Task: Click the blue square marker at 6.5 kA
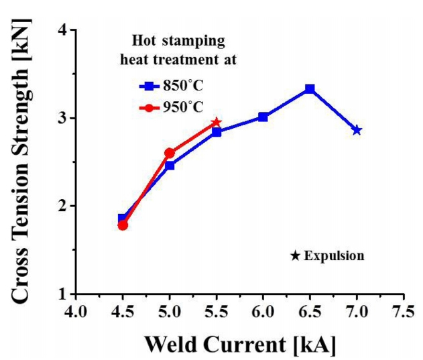pyautogui.click(x=310, y=89)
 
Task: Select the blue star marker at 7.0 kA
pyautogui.click(x=357, y=130)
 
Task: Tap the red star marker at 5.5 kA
pyautogui.click(x=216, y=123)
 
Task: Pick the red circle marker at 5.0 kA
pyautogui.click(x=170, y=154)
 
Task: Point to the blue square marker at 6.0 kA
pyautogui.click(x=263, y=117)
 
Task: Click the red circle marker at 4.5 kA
pyautogui.click(x=123, y=225)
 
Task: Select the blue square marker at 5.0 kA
pyautogui.click(x=170, y=165)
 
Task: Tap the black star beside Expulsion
pyautogui.click(x=295, y=255)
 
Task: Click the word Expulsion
pyautogui.click(x=334, y=255)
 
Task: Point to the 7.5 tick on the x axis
pyautogui.click(x=402, y=310)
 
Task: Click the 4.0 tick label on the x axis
pyautogui.click(x=76, y=310)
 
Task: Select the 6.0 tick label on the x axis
pyautogui.click(x=263, y=310)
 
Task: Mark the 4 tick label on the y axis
pyautogui.click(x=61, y=30)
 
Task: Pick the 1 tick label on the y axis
pyautogui.click(x=61, y=294)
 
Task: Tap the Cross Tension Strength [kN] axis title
pyautogui.click(x=23, y=162)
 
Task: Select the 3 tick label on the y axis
pyautogui.click(x=61, y=118)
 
